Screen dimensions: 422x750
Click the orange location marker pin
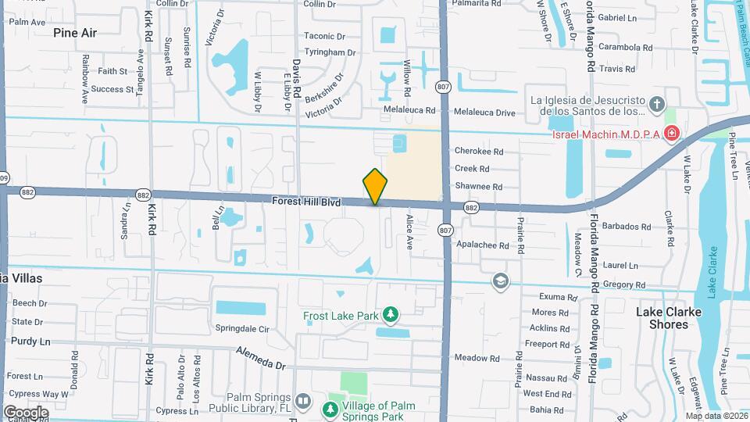click(x=375, y=187)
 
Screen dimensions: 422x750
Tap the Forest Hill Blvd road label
click(x=306, y=202)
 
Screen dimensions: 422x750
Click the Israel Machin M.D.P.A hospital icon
click(x=672, y=135)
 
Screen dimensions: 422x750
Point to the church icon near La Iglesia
click(x=657, y=104)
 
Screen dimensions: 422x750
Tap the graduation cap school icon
click(x=500, y=281)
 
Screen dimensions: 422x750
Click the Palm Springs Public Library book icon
click(x=304, y=400)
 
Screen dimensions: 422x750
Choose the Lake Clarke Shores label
click(x=668, y=317)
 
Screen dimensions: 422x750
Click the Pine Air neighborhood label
click(x=76, y=33)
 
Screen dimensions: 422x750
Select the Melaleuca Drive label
click(x=485, y=113)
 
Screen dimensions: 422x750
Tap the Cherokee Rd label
click(x=479, y=152)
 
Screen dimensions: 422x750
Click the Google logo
click(x=26, y=412)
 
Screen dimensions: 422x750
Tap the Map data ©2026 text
click(x=716, y=416)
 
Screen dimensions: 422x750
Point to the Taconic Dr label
click(x=324, y=37)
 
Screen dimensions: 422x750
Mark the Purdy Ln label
click(x=30, y=342)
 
